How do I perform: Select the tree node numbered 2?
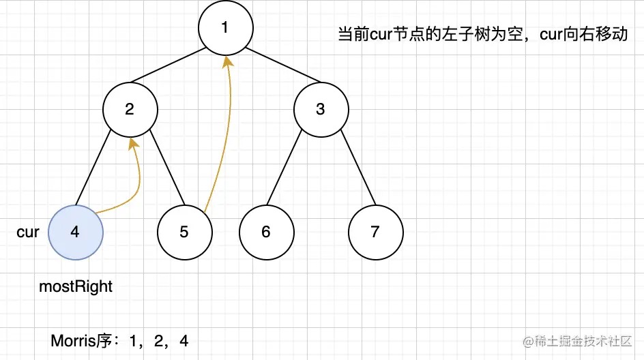click(x=130, y=109)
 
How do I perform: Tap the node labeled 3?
click(x=321, y=109)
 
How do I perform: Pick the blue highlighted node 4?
click(x=75, y=232)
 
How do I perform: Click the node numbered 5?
click(x=184, y=232)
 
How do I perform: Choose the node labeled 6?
click(x=266, y=232)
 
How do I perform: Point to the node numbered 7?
click(x=375, y=232)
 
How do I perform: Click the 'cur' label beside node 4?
click(x=28, y=232)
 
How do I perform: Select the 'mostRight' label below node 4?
click(x=76, y=286)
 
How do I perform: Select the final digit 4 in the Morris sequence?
click(x=184, y=340)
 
